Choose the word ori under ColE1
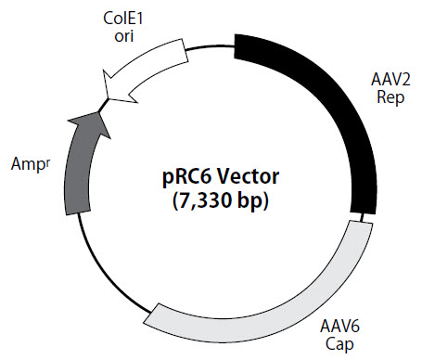point(124,34)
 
